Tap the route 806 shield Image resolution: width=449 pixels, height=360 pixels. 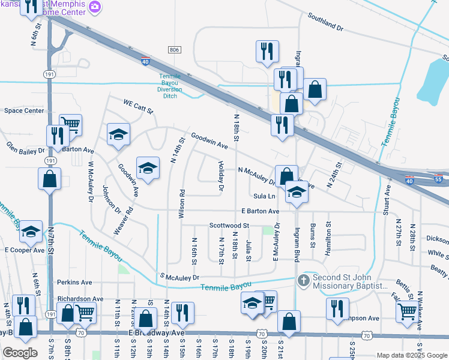[x=173, y=50]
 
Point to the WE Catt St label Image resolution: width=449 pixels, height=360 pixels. [x=139, y=105]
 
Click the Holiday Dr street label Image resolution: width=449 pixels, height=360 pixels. [x=221, y=176]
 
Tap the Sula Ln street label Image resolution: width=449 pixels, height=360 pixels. [x=264, y=196]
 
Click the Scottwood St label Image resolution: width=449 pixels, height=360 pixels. [x=229, y=226]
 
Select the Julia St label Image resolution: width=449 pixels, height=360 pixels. [x=249, y=248]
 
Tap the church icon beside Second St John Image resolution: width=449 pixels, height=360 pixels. [x=304, y=281]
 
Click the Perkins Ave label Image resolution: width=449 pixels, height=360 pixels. [x=74, y=281]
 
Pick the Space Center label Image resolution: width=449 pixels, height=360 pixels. [x=24, y=110]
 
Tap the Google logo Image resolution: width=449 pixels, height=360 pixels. [x=20, y=353]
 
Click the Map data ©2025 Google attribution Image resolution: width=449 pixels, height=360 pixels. [x=411, y=355]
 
